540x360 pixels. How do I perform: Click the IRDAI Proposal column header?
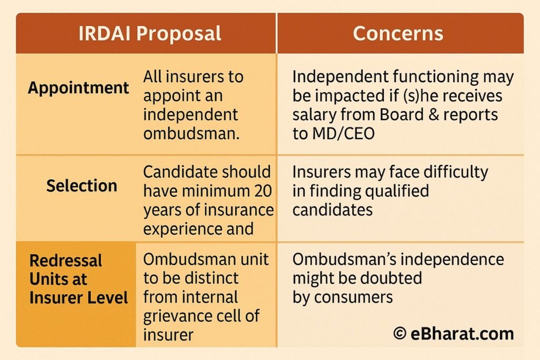pos(150,33)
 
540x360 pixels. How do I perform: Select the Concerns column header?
pos(398,33)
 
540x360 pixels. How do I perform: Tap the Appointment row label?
pos(79,88)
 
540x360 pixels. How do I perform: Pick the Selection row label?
pos(82,186)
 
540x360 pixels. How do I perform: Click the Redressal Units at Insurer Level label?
pos(79,279)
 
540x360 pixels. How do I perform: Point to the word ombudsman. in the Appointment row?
pos(191,133)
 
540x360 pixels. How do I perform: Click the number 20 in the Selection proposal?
pos(263,191)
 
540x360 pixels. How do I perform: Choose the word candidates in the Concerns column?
pos(332,210)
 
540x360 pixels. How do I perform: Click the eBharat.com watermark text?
pos(462,334)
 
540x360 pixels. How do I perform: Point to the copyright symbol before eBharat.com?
pos(400,334)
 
